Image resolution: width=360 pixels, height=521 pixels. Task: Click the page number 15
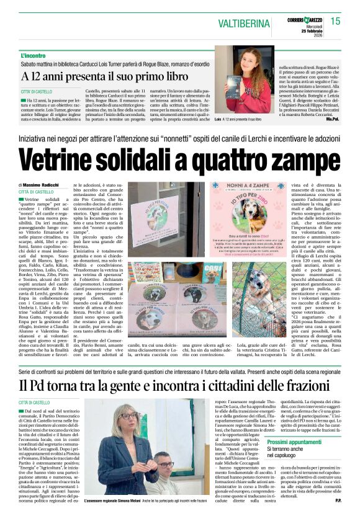[336, 20]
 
